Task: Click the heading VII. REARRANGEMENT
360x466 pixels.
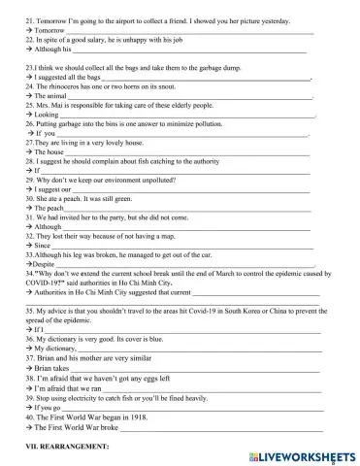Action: [x=64, y=443]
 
